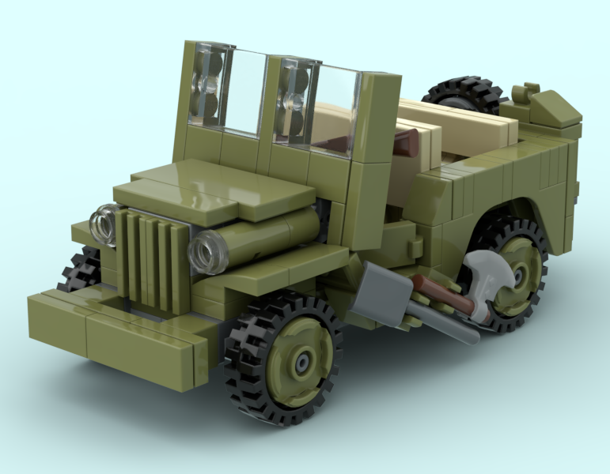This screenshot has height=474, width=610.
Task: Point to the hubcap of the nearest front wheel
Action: (x=301, y=362)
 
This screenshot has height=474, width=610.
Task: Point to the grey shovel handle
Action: (x=447, y=325)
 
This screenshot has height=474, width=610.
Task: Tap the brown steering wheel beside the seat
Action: (x=404, y=143)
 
